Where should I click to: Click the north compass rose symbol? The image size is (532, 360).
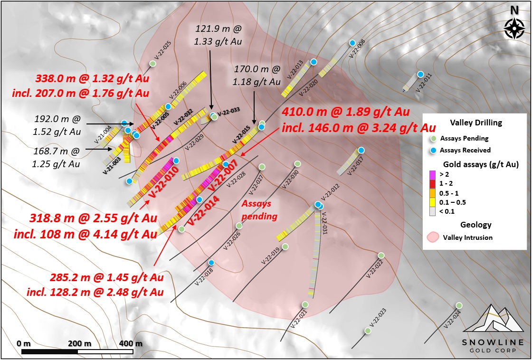pos(514,28)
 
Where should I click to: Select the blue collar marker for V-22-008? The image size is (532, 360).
pos(352,43)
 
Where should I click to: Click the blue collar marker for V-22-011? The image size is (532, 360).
pos(420,75)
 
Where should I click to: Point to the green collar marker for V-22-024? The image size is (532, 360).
pos(459,305)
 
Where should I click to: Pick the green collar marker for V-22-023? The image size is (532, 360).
pos(367,331)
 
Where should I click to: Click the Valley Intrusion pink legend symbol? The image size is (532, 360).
pos(433,237)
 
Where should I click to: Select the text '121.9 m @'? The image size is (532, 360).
pos(218,29)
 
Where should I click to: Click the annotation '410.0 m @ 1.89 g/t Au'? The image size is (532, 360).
pos(346,113)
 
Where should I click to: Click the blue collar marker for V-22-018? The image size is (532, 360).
pos(211,262)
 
